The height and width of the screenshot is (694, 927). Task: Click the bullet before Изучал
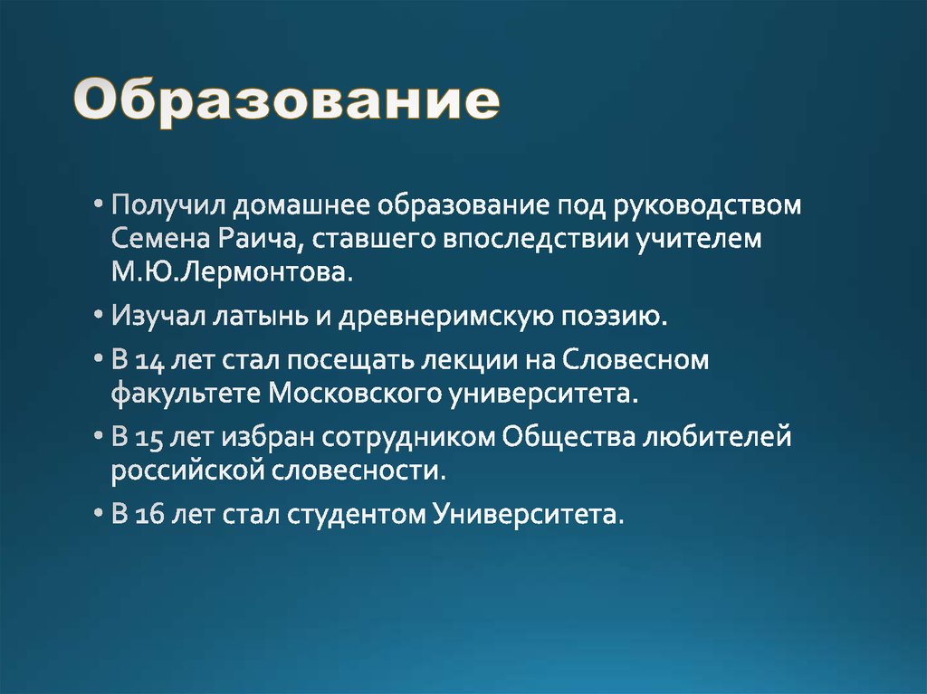pyautogui.click(x=98, y=317)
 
